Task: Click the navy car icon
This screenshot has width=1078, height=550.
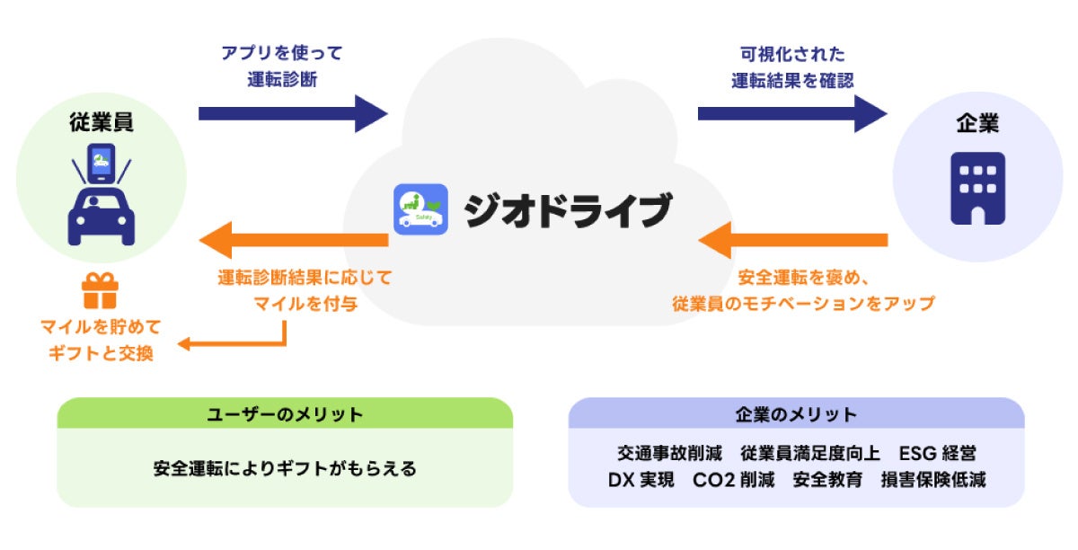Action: tap(102, 217)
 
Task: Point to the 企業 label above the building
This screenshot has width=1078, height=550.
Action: tap(976, 125)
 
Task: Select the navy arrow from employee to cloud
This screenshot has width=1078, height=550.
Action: tap(293, 114)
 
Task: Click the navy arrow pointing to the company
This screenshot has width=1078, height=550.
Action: tap(791, 114)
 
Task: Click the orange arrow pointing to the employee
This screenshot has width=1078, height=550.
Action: tap(293, 240)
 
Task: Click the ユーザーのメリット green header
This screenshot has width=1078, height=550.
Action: tap(285, 414)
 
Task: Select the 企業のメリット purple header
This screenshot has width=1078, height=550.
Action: tap(796, 414)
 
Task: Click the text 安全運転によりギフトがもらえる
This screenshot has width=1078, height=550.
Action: tap(285, 468)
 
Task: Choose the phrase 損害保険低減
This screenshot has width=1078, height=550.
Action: tap(933, 480)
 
